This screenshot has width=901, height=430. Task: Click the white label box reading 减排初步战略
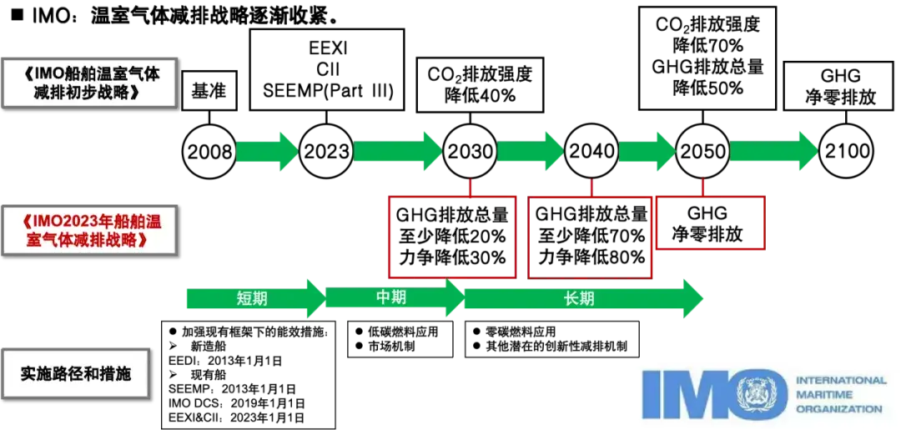(89, 82)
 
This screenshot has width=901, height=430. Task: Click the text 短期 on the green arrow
(251, 298)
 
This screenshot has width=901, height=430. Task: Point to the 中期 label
(390, 297)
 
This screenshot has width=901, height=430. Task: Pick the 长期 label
(579, 298)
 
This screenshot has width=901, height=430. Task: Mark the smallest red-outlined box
(712, 222)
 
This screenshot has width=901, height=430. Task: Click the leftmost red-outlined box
(451, 237)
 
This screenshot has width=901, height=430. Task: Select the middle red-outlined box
(588, 237)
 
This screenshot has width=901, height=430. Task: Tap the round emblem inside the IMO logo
(761, 394)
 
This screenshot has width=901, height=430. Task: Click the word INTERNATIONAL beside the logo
(841, 380)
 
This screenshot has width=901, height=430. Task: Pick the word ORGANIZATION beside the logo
(838, 408)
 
